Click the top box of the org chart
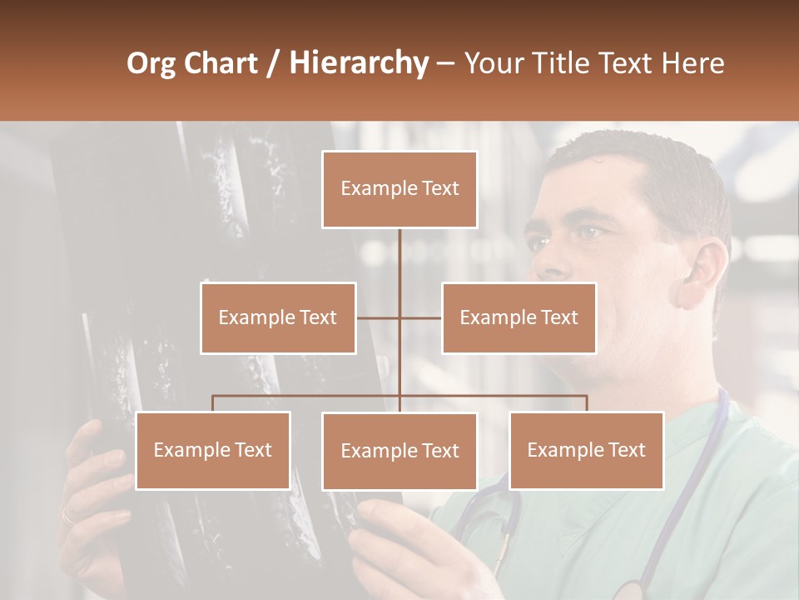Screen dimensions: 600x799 (399, 189)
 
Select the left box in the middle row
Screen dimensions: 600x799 (278, 317)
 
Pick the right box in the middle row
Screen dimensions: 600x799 (519, 317)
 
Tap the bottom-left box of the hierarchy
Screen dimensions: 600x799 (213, 450)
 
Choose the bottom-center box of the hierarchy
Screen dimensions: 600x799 (399, 451)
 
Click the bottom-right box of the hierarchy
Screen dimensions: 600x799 (587, 450)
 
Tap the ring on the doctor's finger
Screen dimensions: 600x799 (67, 517)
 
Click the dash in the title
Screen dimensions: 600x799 (445, 62)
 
